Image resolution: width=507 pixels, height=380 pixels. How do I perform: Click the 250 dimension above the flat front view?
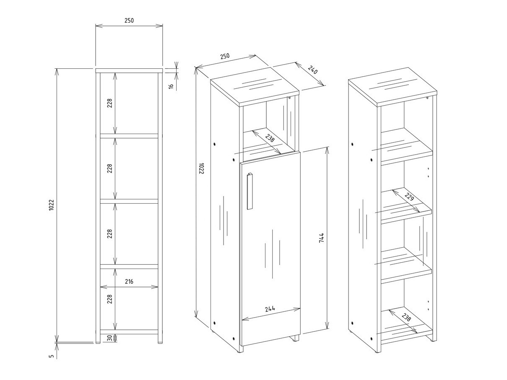point(129,21)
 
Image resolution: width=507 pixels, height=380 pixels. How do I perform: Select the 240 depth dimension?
point(313,70)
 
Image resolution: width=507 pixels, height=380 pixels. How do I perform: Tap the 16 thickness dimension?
point(171,86)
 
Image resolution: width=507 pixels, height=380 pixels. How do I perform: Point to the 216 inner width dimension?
point(129,282)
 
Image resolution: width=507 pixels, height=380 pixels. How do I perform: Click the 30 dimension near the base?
point(109,338)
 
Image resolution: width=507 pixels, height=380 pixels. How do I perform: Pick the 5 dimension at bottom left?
point(52,356)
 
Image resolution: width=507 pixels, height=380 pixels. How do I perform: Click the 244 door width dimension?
point(270,309)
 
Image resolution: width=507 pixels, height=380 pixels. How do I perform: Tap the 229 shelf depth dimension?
point(409,197)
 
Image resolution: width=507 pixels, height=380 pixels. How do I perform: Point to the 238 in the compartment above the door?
point(269,138)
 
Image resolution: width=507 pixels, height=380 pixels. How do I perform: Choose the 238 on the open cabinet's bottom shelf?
point(406,318)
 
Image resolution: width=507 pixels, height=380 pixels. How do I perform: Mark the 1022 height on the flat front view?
point(51,204)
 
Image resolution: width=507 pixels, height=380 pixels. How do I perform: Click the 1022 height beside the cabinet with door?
point(201,168)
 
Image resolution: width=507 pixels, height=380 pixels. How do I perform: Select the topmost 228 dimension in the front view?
point(109,103)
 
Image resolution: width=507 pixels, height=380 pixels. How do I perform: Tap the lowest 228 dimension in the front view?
point(109,299)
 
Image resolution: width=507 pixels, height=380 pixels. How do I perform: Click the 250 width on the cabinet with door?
point(225,56)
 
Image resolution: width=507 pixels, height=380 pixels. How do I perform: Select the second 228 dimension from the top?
point(109,168)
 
